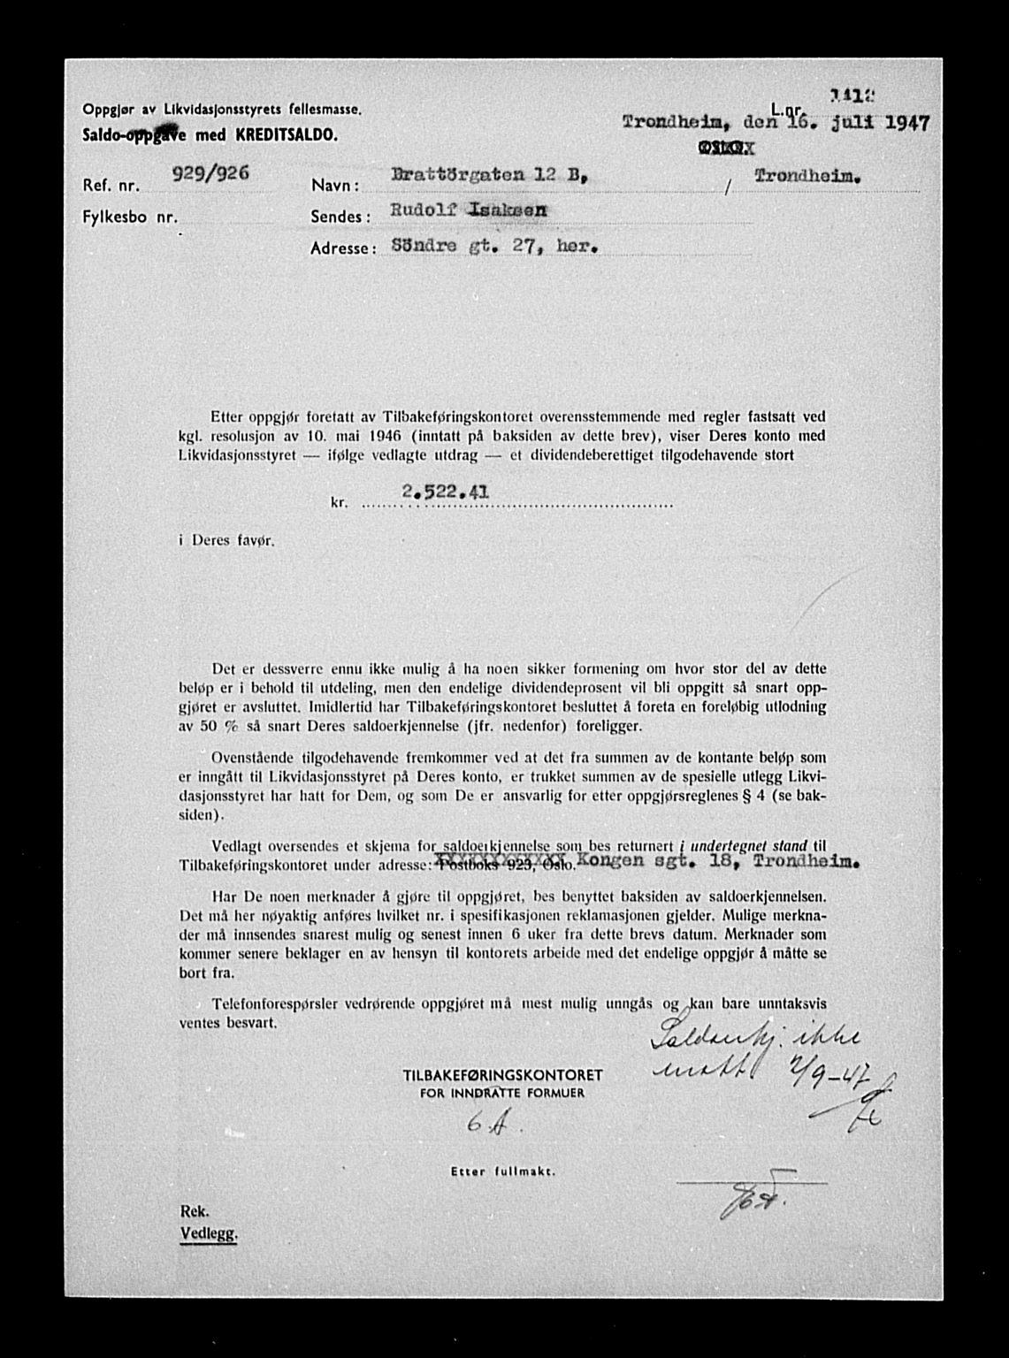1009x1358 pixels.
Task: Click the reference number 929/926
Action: coord(210,174)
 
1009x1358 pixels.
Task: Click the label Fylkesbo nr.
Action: coord(130,217)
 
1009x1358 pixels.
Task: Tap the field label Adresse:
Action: coord(344,249)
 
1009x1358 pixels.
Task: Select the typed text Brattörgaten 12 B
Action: coord(489,177)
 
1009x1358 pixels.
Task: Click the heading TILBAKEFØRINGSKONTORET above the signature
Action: coord(502,1075)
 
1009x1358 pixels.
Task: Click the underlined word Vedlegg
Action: coord(209,1235)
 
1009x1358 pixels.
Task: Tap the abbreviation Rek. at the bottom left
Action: coord(194,1212)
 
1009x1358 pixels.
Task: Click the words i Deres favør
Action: coord(226,540)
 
